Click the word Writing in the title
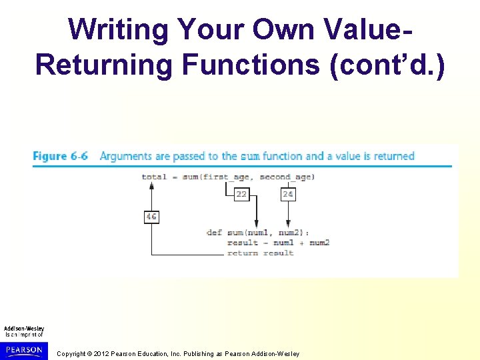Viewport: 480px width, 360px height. (118, 29)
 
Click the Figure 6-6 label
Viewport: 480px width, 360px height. (61, 156)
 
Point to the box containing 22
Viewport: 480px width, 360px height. (241, 194)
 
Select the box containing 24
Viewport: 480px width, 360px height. (288, 194)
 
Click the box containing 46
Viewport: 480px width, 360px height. (151, 217)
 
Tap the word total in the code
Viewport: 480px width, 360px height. (154, 177)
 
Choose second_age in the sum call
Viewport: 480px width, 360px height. (285, 177)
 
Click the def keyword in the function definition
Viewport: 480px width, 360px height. (214, 233)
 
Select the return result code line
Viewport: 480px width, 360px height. (260, 253)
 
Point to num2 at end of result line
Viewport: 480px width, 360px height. (319, 243)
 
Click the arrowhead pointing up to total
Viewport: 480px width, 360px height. (152, 186)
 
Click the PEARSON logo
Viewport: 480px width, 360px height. (24, 349)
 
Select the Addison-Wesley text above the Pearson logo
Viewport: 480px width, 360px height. (24, 329)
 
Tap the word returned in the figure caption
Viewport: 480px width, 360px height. (391, 156)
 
